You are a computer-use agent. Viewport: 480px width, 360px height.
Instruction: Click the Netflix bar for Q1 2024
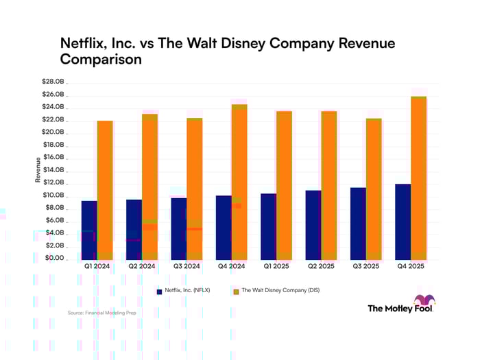(x=89, y=230)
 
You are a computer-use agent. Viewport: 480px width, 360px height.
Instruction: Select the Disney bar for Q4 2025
(x=418, y=178)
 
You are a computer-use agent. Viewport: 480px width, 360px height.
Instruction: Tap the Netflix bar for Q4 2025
(x=403, y=221)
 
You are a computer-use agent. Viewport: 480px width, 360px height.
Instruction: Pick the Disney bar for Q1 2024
(x=105, y=190)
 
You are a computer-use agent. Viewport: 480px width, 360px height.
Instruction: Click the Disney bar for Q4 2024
(x=239, y=182)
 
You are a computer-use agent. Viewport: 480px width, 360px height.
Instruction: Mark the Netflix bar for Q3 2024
(x=179, y=228)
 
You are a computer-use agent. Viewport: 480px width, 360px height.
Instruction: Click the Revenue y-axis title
(x=38, y=170)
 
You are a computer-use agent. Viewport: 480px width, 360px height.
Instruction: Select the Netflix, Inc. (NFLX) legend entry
(x=187, y=291)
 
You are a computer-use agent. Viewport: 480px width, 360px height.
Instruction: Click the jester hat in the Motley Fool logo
(x=424, y=302)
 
